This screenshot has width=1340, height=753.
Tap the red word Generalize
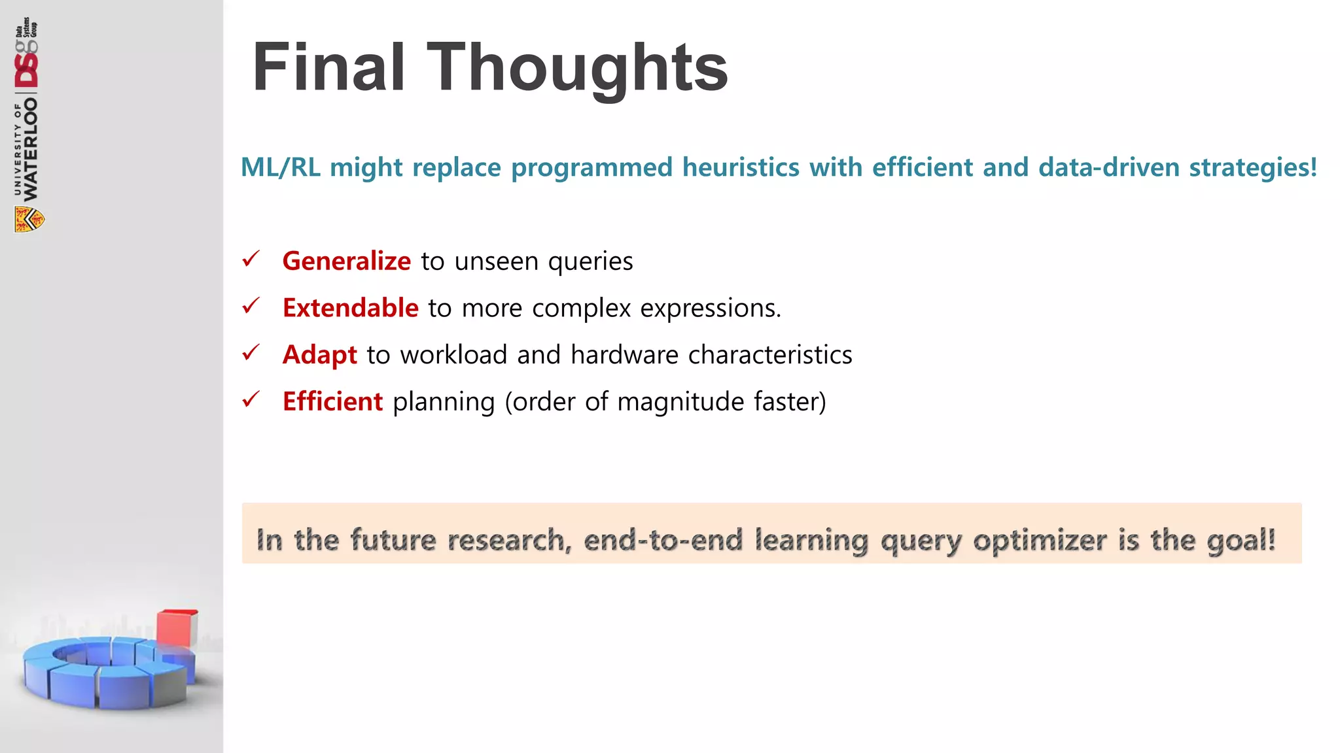pos(346,261)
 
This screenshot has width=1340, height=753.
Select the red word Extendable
pos(350,308)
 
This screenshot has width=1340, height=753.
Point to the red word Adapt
pos(319,355)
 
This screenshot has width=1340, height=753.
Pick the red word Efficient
pos(332,401)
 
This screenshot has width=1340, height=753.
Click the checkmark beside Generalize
pos(251,259)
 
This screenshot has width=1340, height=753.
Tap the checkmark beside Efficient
pos(251,399)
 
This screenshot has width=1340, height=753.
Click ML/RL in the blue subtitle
pos(281,167)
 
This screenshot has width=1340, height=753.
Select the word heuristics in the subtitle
pos(740,167)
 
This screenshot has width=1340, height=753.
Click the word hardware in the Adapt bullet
pos(624,355)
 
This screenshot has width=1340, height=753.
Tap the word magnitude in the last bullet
pos(680,401)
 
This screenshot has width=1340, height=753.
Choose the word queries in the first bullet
pos(590,261)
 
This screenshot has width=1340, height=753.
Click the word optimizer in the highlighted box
pos(1040,541)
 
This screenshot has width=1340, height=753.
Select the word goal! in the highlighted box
pos(1241,541)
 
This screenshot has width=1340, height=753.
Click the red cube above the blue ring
pos(177,627)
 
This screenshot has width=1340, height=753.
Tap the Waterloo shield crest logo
pos(29,220)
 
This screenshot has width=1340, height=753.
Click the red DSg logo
pos(27,65)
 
